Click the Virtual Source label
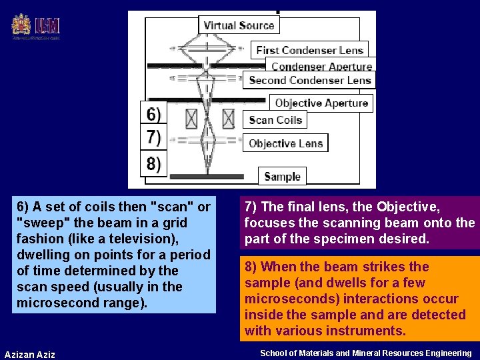pyautogui.click(x=239, y=25)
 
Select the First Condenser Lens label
pyautogui.click(x=309, y=50)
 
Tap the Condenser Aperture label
pyautogui.click(x=321, y=67)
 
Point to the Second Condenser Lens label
pyautogui.click(x=309, y=80)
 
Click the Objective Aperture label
pyautogui.click(x=321, y=103)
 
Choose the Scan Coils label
pyautogui.click(x=275, y=120)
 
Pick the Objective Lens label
pyautogui.click(x=285, y=143)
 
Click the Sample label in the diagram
pyautogui.click(x=282, y=177)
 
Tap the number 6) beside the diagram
pyautogui.click(x=153, y=114)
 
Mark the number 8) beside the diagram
pyautogui.click(x=153, y=163)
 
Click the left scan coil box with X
pyautogui.click(x=191, y=119)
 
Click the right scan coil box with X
pyautogui.click(x=228, y=119)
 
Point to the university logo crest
pyautogui.click(x=21, y=25)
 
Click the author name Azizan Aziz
pyautogui.click(x=29, y=354)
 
